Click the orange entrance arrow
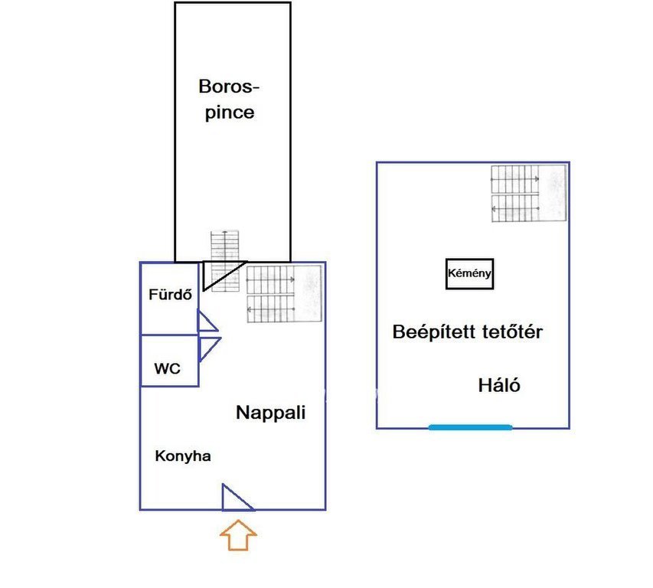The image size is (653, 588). pyautogui.click(x=238, y=535)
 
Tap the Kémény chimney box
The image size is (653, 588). pyautogui.click(x=469, y=273)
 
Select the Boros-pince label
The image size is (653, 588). pyautogui.click(x=226, y=99)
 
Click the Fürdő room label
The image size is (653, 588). pyautogui.click(x=170, y=293)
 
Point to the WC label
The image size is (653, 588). pyautogui.click(x=168, y=368)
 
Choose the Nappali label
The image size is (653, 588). pyautogui.click(x=270, y=413)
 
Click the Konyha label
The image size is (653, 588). pyautogui.click(x=183, y=456)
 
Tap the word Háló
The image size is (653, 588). pyautogui.click(x=499, y=385)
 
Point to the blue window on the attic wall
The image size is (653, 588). pyautogui.click(x=470, y=426)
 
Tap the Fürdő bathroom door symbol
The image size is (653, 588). pyautogui.click(x=207, y=322)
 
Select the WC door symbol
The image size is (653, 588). pyautogui.click(x=208, y=348)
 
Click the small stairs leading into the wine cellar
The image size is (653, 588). pyautogui.click(x=225, y=246)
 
